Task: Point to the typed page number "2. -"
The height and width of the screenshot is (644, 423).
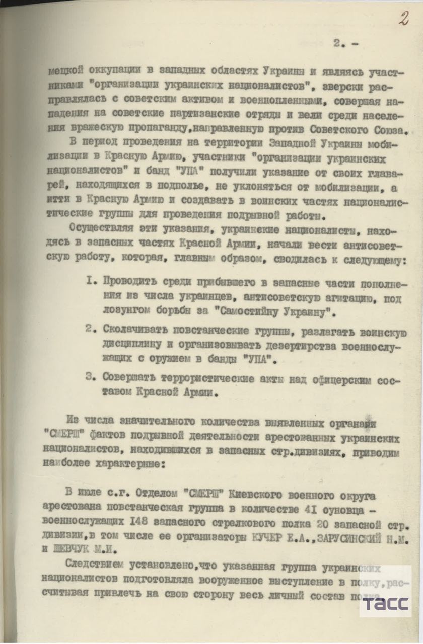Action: click(346, 43)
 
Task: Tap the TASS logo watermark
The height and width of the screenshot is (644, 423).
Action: click(385, 603)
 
